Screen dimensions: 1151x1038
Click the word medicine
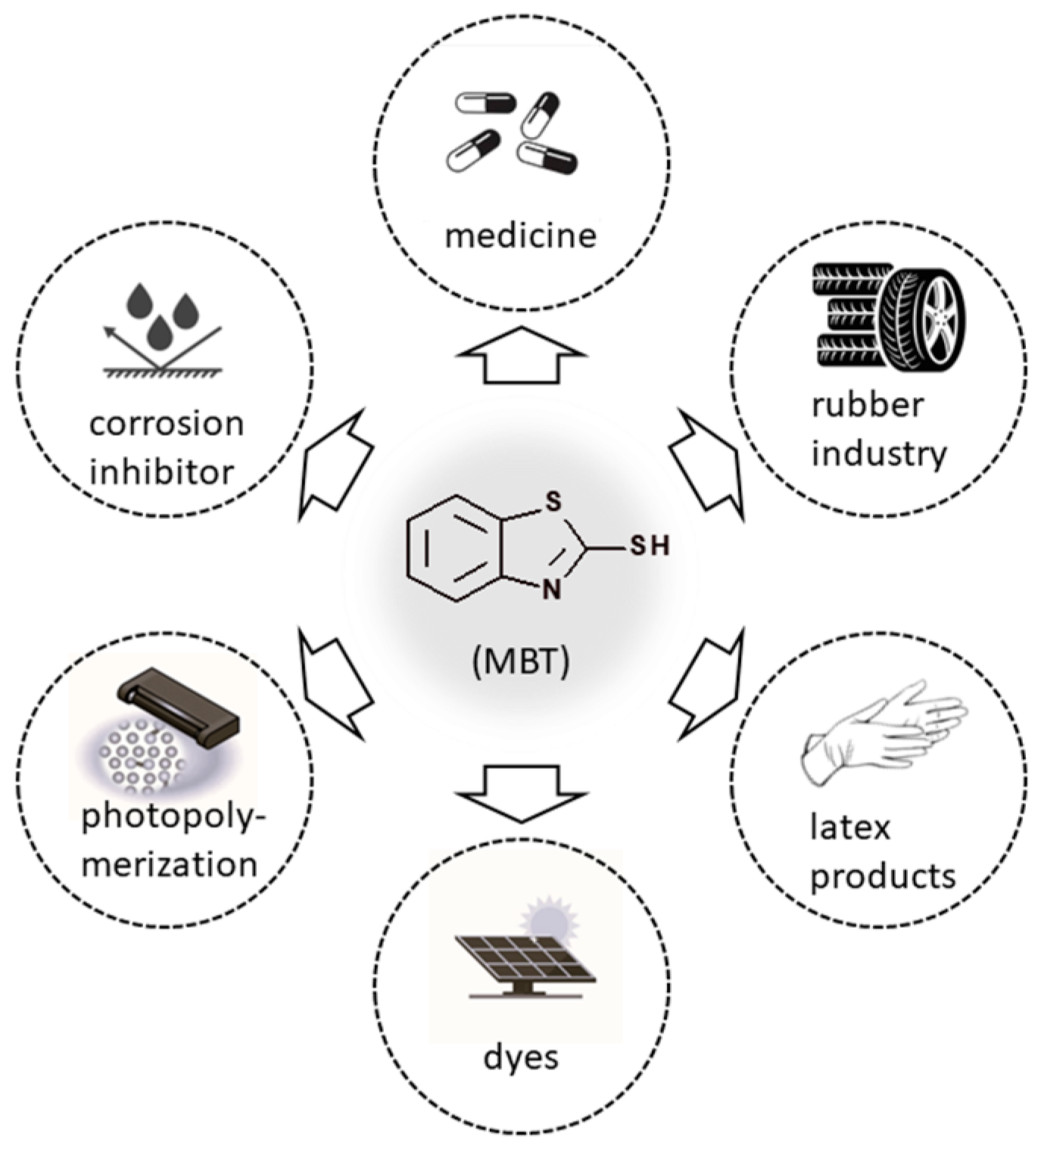520,235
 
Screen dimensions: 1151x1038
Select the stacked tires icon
889,317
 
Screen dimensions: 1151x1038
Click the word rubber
867,405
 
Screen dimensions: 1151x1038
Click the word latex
849,827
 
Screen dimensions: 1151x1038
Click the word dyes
521,1056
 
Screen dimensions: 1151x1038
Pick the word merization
169,863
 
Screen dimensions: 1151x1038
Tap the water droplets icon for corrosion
162,316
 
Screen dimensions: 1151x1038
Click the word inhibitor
162,472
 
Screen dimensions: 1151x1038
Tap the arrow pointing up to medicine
521,356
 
